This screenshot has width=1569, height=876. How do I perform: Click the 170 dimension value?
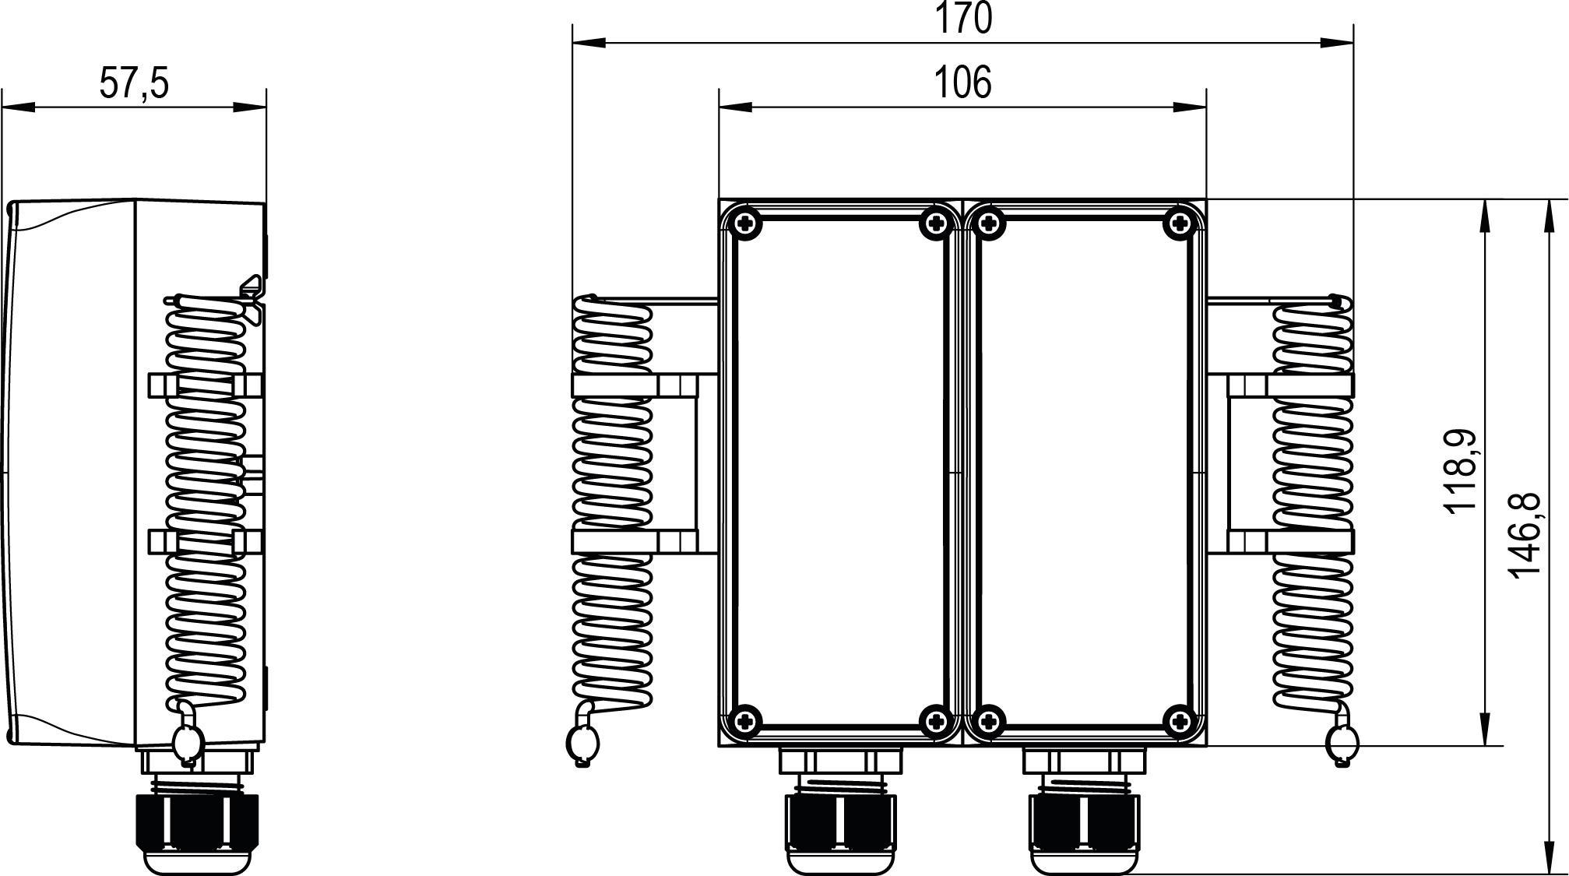point(963,19)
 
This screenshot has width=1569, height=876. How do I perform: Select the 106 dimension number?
point(963,83)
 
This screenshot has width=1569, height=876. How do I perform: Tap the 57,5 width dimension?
point(134,83)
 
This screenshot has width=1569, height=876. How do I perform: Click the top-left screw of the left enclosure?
point(746,224)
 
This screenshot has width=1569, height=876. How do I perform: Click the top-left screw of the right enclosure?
point(988,224)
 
